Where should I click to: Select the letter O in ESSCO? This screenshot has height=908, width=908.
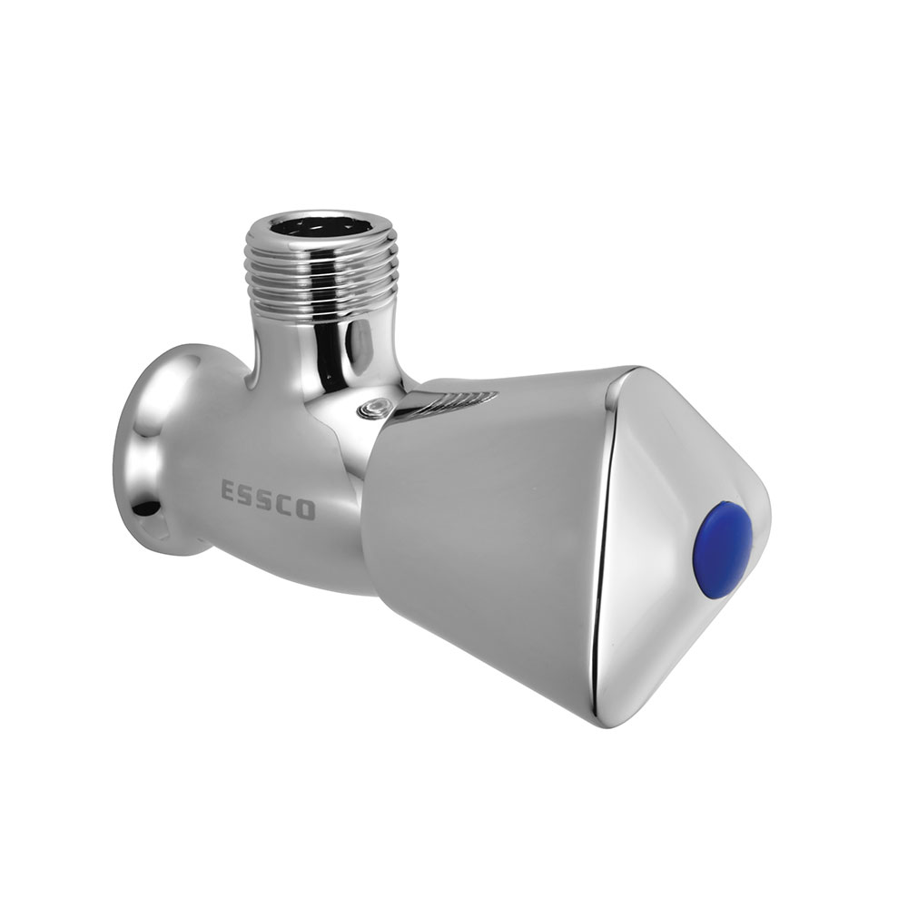[307, 509]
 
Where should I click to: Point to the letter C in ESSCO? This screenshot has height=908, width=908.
[287, 504]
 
